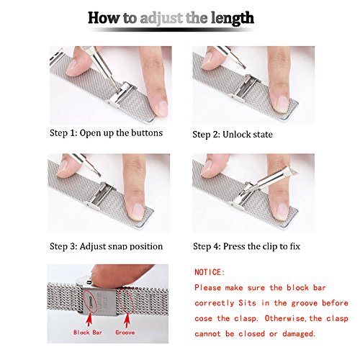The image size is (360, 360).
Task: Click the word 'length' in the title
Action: (233, 19)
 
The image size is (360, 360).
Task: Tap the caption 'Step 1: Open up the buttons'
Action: (106, 133)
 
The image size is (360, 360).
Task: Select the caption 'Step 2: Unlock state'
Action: (233, 135)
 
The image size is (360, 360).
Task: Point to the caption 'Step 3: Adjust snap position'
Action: (106, 246)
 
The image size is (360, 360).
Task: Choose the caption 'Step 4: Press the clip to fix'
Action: (246, 246)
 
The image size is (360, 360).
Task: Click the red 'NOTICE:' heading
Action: (210, 272)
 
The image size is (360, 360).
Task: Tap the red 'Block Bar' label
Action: (88, 333)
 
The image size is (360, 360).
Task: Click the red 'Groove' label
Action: (125, 333)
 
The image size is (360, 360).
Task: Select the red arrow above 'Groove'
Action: (127, 320)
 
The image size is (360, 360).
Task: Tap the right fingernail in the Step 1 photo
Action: (162, 107)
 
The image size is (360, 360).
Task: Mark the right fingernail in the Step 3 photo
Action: (137, 211)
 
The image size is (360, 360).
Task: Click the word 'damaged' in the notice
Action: (298, 334)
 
